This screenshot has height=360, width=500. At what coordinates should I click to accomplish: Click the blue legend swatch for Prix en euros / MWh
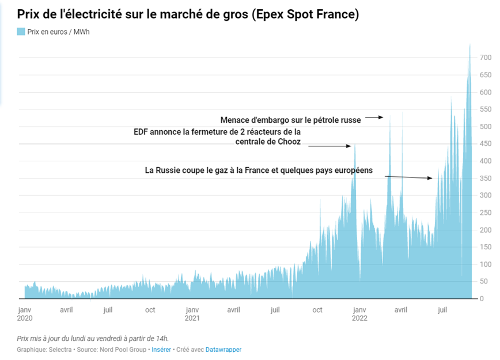click(x=21, y=32)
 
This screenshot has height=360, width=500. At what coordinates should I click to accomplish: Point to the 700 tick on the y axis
click(x=485, y=58)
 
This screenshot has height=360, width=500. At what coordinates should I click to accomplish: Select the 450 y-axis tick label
click(x=485, y=144)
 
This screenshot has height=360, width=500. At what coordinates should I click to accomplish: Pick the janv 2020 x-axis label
click(x=25, y=314)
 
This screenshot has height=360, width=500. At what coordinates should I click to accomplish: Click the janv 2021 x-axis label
click(x=192, y=314)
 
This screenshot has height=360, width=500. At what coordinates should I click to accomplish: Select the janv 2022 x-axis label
click(x=360, y=314)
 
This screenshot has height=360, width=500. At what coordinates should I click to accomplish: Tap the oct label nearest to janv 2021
click(x=150, y=310)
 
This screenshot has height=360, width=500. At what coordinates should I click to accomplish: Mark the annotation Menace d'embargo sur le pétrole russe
click(x=290, y=120)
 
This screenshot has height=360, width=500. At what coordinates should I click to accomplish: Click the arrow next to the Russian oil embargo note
click(x=374, y=118)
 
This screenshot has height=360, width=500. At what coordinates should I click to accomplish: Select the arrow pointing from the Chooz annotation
click(x=329, y=146)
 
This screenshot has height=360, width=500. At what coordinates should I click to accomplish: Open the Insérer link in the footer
click(x=161, y=350)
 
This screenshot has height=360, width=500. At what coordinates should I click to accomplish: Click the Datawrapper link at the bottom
click(x=224, y=350)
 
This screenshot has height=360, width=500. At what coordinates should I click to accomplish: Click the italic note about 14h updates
click(x=93, y=338)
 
